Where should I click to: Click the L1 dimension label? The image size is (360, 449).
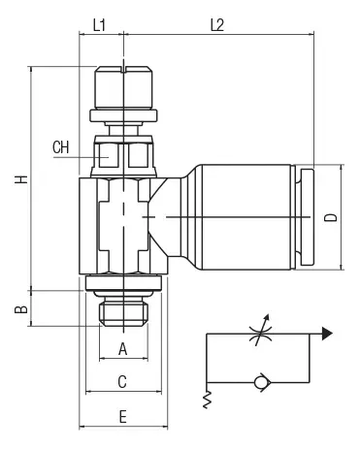[99, 25]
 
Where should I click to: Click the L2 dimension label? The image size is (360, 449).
[217, 25]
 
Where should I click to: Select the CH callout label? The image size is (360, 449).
[61, 147]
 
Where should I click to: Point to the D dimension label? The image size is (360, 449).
[331, 217]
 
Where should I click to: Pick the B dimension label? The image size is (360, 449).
[21, 309]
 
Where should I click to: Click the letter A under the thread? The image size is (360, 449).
[122, 349]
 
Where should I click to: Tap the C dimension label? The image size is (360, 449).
[122, 382]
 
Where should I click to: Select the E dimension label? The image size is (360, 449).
[122, 417]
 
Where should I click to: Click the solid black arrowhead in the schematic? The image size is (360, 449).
[327, 334]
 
